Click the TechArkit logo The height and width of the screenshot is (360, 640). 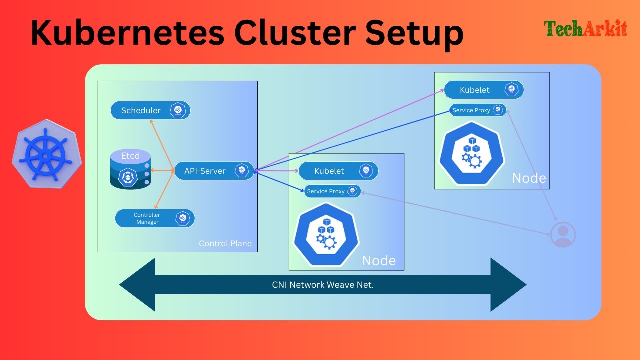(x=585, y=29)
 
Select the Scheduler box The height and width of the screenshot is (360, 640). (x=150, y=110)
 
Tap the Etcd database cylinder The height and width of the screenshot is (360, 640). (x=130, y=170)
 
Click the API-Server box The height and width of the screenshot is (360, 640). (x=214, y=171)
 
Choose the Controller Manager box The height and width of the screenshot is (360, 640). (x=155, y=218)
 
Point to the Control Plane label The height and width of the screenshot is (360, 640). (x=225, y=244)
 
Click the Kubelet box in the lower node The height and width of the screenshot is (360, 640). (x=338, y=171)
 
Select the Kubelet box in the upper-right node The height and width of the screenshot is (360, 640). (x=484, y=90)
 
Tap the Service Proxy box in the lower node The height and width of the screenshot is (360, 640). (x=332, y=191)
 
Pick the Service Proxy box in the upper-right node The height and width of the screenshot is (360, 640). (x=478, y=110)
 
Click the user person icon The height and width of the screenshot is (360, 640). (x=563, y=234)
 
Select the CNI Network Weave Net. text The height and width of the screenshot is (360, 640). (x=323, y=285)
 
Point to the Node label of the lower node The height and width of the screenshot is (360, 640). (x=379, y=260)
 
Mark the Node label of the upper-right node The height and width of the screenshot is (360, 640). (x=529, y=178)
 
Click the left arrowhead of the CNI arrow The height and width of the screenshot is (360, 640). (x=137, y=285)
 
